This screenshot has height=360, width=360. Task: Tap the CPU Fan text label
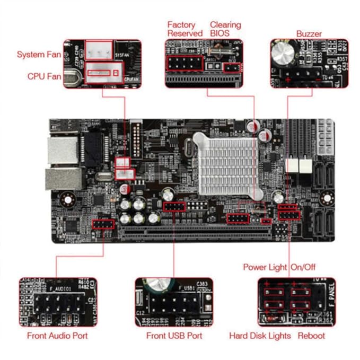(x=44, y=76)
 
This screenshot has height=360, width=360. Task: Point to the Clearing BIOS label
(x=225, y=29)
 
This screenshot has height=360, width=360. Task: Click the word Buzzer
(x=309, y=34)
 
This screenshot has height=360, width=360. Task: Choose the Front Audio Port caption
(x=57, y=336)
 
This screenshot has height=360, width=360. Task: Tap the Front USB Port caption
(x=174, y=336)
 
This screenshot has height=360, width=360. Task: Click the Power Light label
(x=265, y=267)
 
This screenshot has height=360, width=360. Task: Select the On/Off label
(x=303, y=267)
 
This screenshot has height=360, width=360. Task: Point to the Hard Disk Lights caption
(x=260, y=336)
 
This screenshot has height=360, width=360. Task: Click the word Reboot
(x=311, y=336)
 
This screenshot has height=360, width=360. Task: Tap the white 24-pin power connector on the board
(x=326, y=138)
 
